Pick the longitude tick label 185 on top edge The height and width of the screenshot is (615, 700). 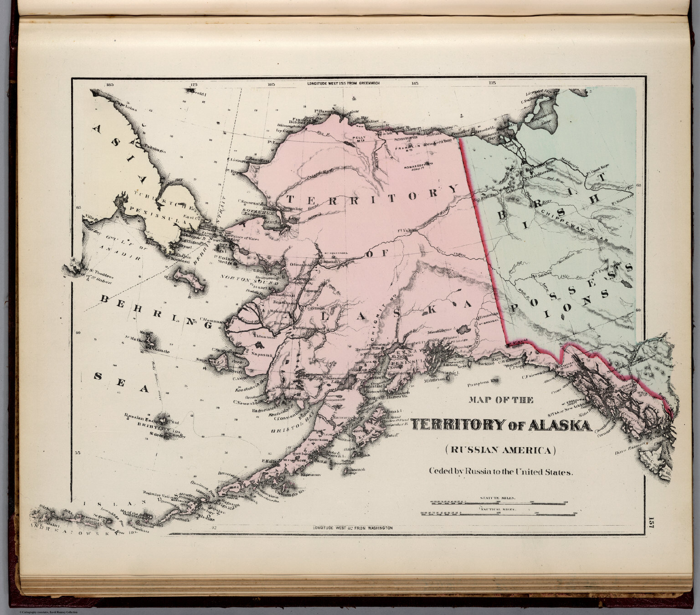click(x=108, y=84)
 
